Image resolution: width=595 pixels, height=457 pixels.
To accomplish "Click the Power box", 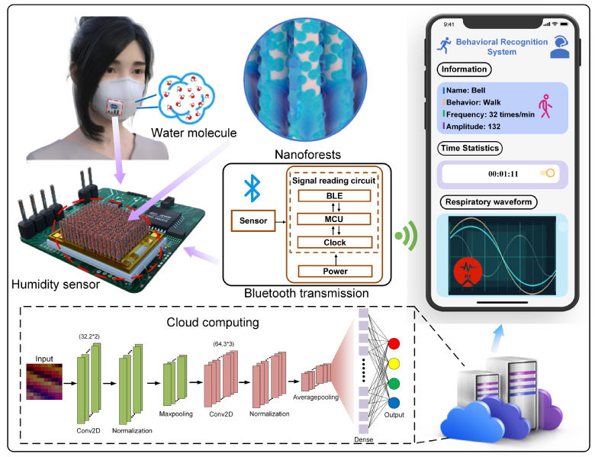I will point(335,271).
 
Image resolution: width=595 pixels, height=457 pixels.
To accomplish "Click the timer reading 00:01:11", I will point(504,174).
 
